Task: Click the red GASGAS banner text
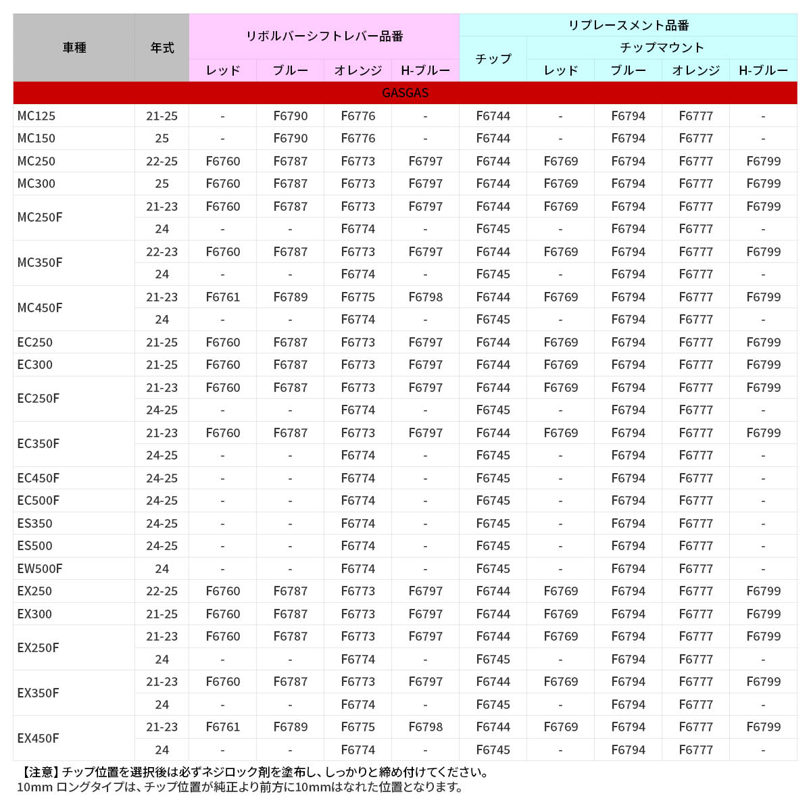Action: point(405,93)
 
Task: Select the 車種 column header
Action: point(74,48)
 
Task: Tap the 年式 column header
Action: point(162,48)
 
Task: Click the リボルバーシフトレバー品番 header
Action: point(324,36)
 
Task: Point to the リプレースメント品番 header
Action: point(628,26)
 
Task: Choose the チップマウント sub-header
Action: point(662,47)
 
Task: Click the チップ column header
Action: point(493,59)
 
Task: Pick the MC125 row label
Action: point(36,116)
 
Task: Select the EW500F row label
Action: point(40,568)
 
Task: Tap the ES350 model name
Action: point(34,523)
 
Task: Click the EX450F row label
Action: point(38,738)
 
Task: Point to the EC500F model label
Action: point(38,501)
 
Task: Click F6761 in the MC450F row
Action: point(223,297)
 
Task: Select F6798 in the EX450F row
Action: point(426,727)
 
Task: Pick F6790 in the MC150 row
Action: point(291,139)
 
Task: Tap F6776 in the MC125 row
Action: point(358,116)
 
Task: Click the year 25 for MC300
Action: point(162,184)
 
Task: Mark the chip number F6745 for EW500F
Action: point(493,568)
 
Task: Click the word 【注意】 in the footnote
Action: point(38,772)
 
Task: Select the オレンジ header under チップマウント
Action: point(696,70)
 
